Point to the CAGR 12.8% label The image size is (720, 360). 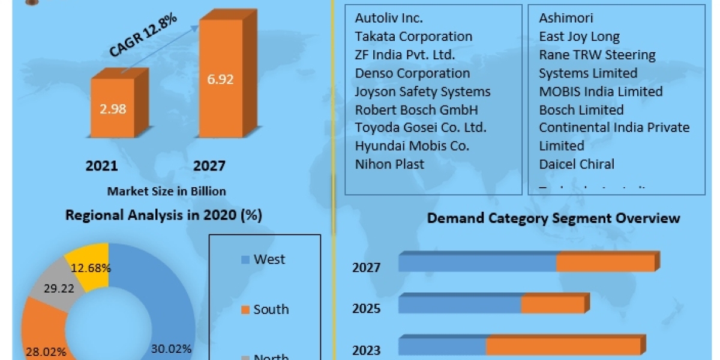coord(143,36)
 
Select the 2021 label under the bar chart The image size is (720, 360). coord(101,166)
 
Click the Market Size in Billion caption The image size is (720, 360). coord(166,191)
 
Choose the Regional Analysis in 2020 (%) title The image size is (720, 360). coord(163,215)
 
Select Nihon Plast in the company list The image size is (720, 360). coord(389,164)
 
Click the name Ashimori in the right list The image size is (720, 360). coord(566,18)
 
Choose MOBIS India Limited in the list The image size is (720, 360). coord(601,92)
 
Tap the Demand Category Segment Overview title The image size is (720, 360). coord(553,218)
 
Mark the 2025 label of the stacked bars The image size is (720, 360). coord(366,308)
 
